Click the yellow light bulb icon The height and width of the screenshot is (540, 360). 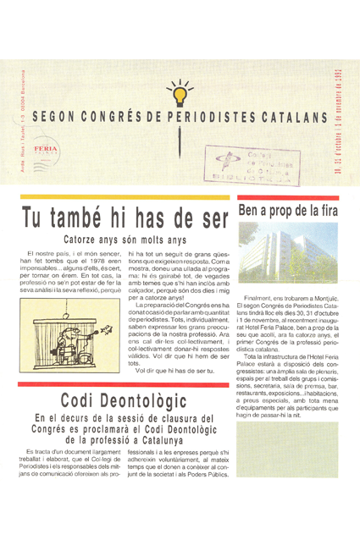pyautogui.click(x=180, y=88)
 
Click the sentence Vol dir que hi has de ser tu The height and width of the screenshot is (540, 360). pyautogui.click(x=175, y=371)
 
